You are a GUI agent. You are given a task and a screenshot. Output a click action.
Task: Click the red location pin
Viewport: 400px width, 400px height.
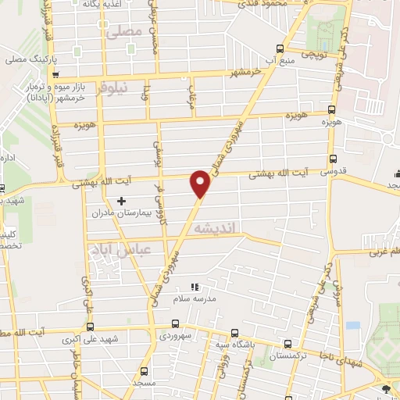click(201, 184)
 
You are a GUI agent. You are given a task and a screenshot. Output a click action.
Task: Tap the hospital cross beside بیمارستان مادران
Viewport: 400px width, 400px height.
click(121, 202)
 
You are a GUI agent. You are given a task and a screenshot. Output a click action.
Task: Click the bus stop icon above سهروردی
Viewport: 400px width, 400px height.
click(175, 324)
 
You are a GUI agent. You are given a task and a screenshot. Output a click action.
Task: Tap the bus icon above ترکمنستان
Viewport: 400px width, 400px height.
click(289, 344)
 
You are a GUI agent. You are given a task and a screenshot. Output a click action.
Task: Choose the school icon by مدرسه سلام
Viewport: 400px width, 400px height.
click(196, 287)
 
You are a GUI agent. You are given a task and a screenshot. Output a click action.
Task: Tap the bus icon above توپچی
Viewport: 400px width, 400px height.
click(334, 44)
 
